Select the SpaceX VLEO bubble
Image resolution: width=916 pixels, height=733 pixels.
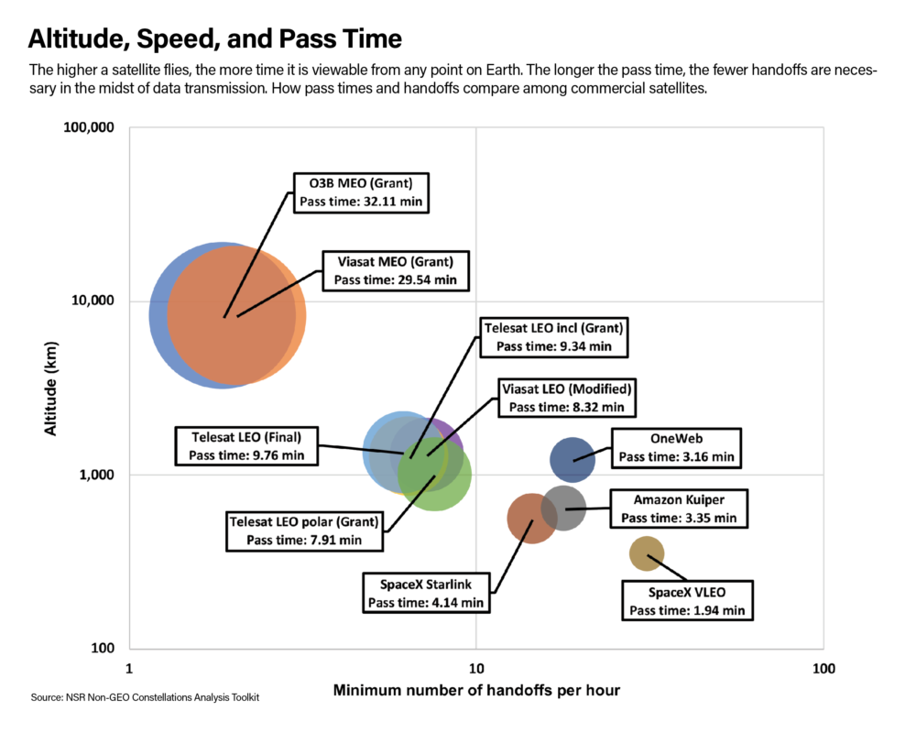point(647,553)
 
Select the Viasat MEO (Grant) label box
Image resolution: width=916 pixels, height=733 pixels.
point(395,269)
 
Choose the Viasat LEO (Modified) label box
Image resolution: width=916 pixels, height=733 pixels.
point(566,397)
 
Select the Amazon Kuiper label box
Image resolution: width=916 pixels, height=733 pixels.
point(679,509)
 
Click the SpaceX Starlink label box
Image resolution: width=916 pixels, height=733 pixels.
point(426,593)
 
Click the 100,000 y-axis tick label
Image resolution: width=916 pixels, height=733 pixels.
point(89,129)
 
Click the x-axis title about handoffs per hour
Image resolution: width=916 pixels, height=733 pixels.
point(476,690)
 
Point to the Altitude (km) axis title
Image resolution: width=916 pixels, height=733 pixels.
point(51,388)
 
